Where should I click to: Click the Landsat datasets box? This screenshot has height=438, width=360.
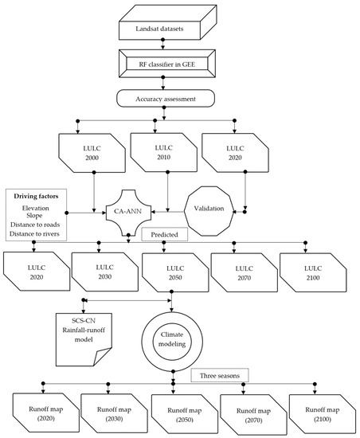coord(163,29)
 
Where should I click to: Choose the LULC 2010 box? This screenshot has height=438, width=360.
coord(165,147)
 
